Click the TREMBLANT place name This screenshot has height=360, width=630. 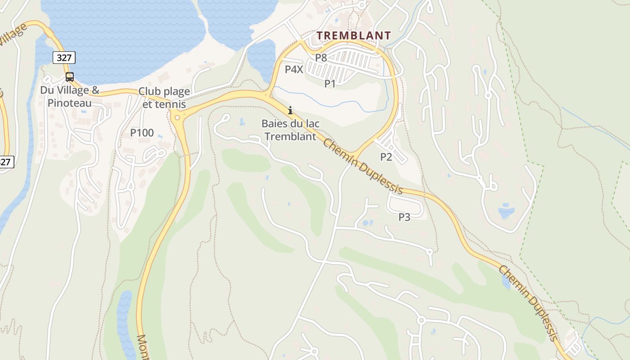point(353,35)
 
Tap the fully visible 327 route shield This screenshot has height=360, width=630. point(64,58)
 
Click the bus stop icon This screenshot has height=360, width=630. point(69,76)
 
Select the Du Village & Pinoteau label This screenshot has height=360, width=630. point(70,96)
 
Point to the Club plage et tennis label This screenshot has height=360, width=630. point(164,98)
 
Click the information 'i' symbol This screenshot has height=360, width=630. point(290,110)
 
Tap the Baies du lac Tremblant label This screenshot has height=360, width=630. point(290,130)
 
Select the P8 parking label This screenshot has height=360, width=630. point(321,58)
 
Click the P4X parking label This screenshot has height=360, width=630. point(294,69)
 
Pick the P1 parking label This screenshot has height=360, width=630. point(330,83)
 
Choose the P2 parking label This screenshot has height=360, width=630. point(386,157)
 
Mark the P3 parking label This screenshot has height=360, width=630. point(405,217)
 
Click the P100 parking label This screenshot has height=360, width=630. point(142,133)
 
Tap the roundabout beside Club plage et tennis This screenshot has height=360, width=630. point(177,118)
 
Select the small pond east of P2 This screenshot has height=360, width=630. point(506,211)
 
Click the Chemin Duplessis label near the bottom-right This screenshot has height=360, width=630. point(528,302)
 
